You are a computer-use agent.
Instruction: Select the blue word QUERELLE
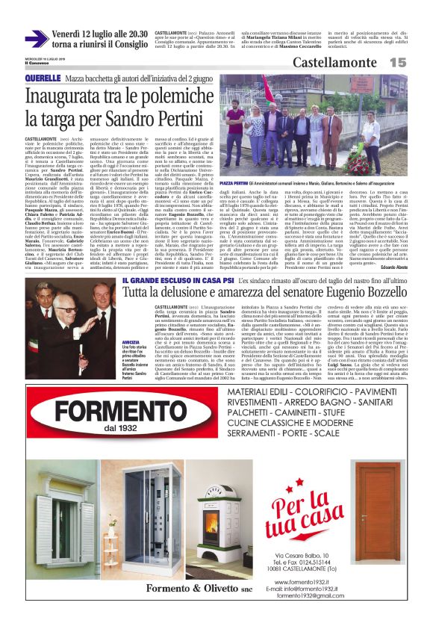pyautogui.click(x=43, y=78)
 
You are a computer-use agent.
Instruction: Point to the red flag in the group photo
pyautogui.click(x=266, y=89)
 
